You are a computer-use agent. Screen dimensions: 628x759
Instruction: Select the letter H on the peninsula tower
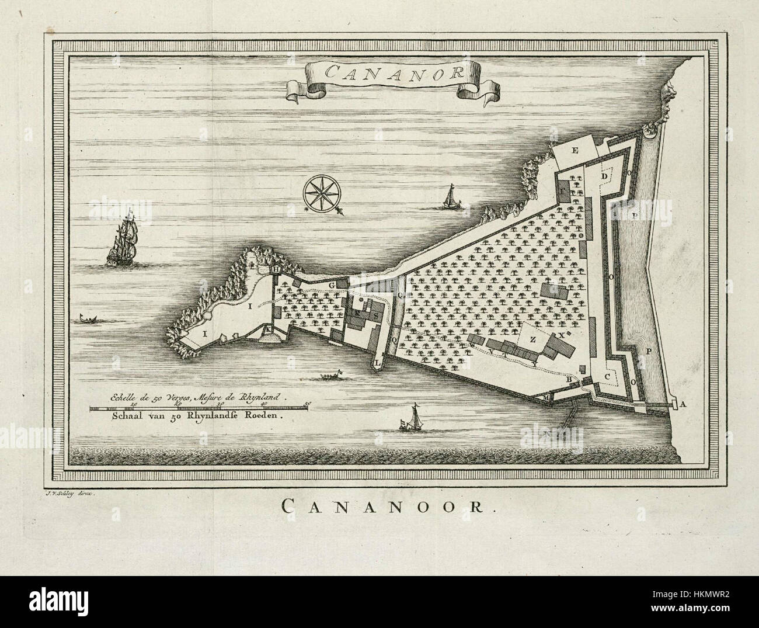click(x=275, y=269)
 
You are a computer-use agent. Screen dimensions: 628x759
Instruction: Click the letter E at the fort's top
click(x=575, y=151)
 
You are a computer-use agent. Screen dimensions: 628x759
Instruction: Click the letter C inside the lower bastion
click(x=608, y=377)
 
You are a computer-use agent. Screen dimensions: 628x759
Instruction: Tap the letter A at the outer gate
click(x=683, y=404)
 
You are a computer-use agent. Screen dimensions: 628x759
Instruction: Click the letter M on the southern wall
click(x=547, y=398)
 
